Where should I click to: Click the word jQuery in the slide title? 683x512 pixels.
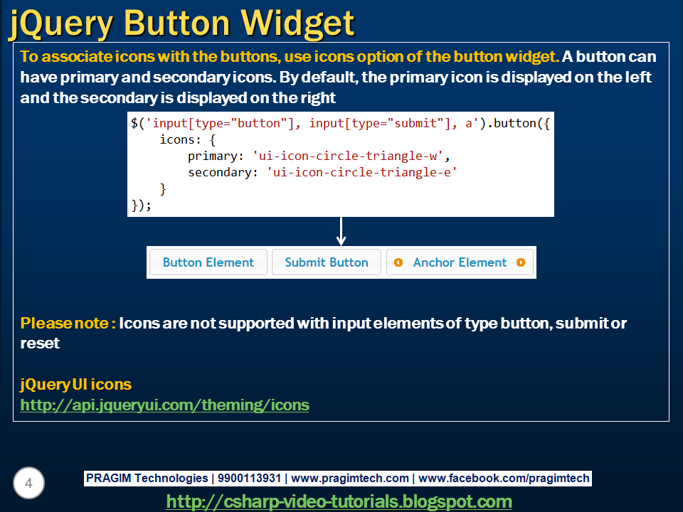click(60, 23)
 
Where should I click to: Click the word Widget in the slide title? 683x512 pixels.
click(299, 23)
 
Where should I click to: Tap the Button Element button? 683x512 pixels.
click(208, 262)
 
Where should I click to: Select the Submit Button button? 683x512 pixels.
click(327, 262)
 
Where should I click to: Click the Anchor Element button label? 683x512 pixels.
click(460, 262)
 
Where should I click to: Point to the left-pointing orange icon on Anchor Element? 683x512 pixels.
click(398, 262)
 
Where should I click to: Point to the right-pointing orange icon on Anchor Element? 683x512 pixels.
click(521, 262)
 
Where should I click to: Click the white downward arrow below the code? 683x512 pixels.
click(341, 232)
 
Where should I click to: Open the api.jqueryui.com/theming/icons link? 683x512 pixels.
click(165, 405)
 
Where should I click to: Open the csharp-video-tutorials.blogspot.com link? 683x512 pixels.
click(339, 501)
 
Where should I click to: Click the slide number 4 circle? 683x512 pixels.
click(28, 484)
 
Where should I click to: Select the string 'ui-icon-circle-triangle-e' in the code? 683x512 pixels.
click(361, 172)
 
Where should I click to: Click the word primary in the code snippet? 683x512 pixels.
click(212, 156)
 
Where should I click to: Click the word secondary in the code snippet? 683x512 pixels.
click(219, 172)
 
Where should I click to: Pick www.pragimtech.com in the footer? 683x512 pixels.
click(350, 479)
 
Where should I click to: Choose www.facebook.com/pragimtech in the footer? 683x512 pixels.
click(504, 479)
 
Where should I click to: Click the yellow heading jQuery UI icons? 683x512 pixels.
click(76, 385)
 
